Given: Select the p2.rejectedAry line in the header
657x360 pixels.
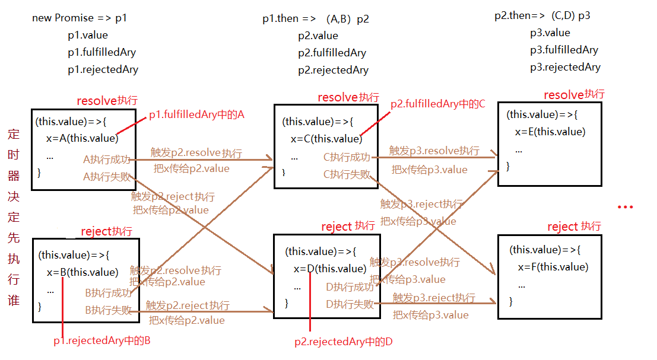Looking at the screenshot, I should coord(333,70).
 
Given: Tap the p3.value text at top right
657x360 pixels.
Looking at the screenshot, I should coord(550,33).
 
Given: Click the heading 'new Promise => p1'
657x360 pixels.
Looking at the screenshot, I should coord(80,18).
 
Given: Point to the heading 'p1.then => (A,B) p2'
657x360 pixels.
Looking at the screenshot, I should coord(316,19).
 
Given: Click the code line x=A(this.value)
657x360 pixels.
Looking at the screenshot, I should coord(82,138).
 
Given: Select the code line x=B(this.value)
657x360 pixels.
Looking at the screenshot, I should coord(82,272).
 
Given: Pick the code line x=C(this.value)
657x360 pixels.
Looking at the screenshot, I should coord(326,139).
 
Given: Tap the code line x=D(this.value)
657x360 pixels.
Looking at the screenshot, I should coord(329,269).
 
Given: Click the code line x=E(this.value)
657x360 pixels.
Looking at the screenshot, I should coord(550,132).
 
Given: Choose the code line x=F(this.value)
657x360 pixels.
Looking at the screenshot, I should coord(553,267).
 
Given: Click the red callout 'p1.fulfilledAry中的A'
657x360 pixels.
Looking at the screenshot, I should coord(196,115).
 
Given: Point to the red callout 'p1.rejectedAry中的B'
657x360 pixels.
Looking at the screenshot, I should coord(106,340).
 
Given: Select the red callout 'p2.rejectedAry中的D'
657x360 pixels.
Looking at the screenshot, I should coord(344,342).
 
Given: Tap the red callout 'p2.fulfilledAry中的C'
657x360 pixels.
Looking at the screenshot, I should coord(437,104).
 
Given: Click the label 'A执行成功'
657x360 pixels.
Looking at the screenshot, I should coord(107,159).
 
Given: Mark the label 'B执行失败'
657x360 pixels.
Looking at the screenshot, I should coord(109,309).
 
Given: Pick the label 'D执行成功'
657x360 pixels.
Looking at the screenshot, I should coord(350,287).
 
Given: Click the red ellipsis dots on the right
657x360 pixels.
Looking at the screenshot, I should coord(626,208).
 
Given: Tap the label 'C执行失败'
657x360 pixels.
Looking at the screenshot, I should coord(347,174).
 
